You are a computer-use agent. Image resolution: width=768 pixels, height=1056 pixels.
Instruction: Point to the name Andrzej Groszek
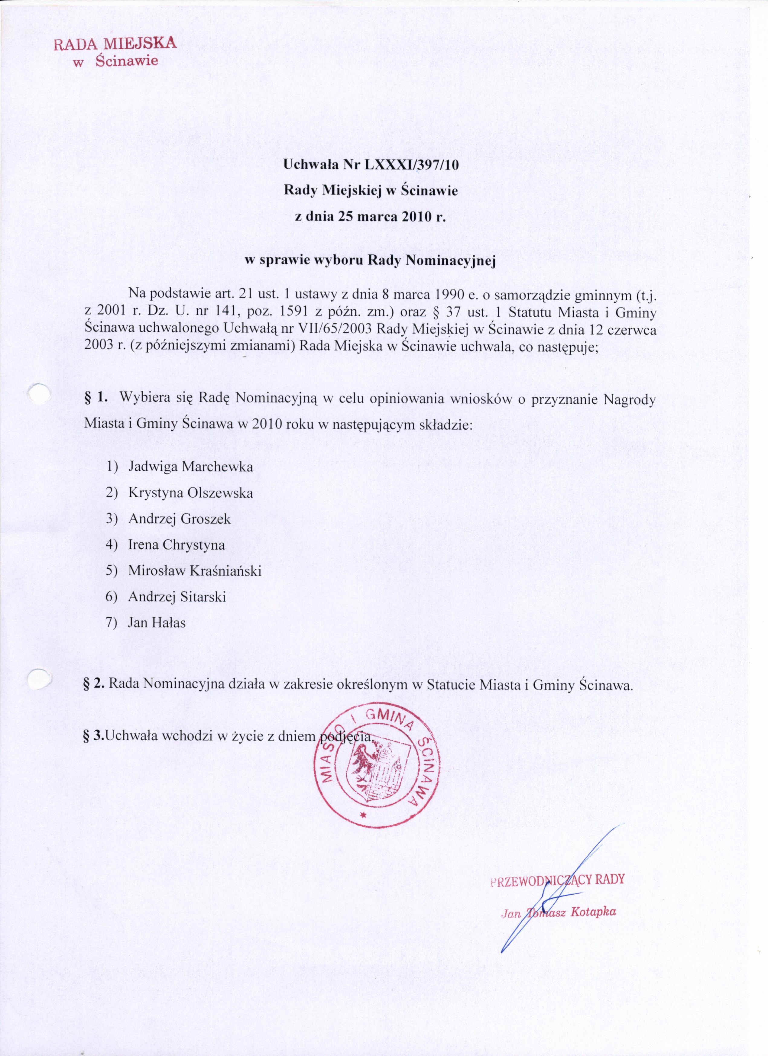[179, 519]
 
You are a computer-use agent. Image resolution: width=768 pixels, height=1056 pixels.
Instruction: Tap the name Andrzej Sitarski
[177, 597]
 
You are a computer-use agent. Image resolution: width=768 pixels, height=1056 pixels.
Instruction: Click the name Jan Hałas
[157, 623]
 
